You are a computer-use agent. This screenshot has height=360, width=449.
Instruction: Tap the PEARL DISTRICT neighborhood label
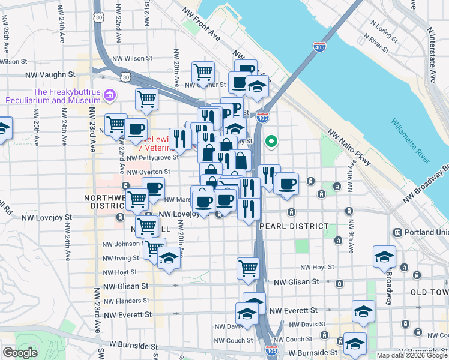coord(294,226)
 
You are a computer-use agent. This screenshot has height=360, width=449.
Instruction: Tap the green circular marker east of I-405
coord(271,142)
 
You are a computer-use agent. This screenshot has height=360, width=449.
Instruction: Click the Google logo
coord(20,353)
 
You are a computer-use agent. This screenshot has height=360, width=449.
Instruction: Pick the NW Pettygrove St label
coord(152,158)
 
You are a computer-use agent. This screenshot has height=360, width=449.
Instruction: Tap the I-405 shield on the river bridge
coord(318,47)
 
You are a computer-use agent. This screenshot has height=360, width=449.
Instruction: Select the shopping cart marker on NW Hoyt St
coord(247,269)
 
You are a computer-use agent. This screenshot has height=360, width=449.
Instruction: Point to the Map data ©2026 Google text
coord(412,355)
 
